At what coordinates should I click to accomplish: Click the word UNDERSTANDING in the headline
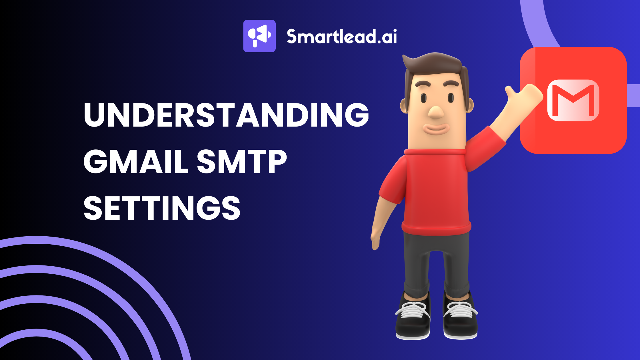pyautogui.click(x=226, y=115)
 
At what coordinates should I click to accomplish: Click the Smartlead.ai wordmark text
pyautogui.click(x=342, y=37)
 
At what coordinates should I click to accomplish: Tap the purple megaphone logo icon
pyautogui.click(x=259, y=36)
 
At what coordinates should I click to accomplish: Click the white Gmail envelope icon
pyautogui.click(x=573, y=100)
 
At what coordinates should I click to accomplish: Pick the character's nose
pyautogui.click(x=435, y=112)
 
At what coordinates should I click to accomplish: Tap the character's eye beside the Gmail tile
pyautogui.click(x=451, y=98)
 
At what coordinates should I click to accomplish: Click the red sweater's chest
pyautogui.click(x=437, y=183)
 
